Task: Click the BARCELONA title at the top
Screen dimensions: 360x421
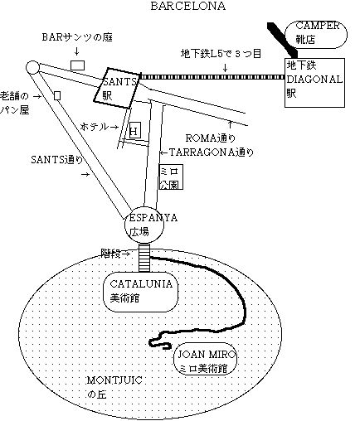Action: (x=188, y=6)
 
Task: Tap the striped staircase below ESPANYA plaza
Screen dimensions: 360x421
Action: (x=144, y=258)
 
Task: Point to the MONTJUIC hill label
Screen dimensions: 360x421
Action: (x=114, y=387)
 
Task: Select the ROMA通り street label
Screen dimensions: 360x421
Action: (x=210, y=138)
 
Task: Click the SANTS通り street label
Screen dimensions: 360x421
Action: (x=56, y=160)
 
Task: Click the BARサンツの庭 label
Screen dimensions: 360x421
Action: (x=77, y=37)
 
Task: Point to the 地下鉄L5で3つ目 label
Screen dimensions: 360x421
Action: (x=221, y=53)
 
